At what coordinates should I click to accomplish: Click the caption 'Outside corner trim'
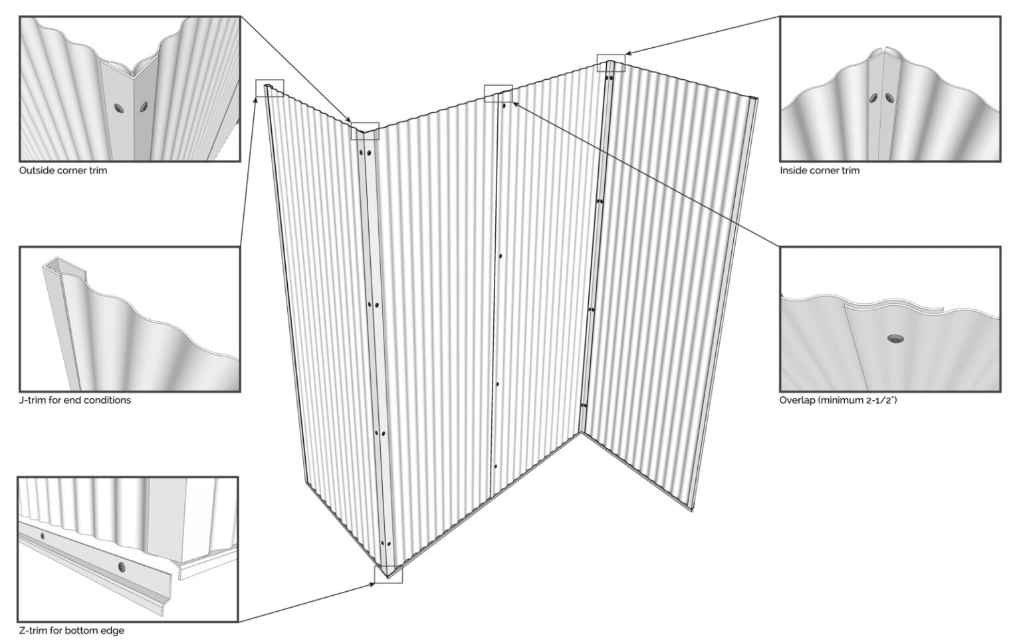tap(62, 170)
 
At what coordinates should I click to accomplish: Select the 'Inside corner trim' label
tap(819, 170)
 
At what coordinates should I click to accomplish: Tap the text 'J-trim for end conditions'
tap(74, 400)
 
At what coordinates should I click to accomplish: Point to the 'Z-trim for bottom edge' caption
tap(70, 630)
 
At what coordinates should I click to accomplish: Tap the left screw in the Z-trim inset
tap(43, 535)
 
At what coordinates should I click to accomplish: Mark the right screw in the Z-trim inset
tap(121, 567)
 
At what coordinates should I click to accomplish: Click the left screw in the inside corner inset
tap(873, 98)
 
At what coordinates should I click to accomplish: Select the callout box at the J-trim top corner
tap(270, 88)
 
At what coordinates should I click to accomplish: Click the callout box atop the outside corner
tap(364, 131)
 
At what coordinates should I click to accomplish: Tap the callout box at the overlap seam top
tap(498, 93)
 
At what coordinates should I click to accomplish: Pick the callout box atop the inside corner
tap(611, 63)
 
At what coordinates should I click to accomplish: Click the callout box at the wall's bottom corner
tap(388, 574)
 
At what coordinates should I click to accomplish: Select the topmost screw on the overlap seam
tap(505, 105)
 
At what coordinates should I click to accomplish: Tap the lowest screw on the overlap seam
tap(495, 466)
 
